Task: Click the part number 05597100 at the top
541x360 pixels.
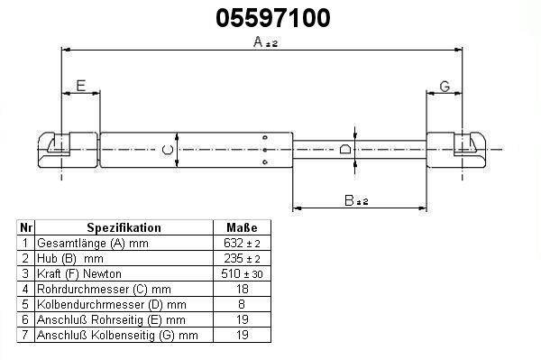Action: [x=273, y=18]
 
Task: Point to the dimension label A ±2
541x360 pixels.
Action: [x=265, y=42]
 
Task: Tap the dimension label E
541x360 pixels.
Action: [x=81, y=86]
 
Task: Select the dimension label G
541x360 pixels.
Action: [x=445, y=87]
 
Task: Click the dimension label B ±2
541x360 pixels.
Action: [x=356, y=200]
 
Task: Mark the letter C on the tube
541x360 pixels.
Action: [x=168, y=150]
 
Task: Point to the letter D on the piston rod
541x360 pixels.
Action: [x=345, y=149]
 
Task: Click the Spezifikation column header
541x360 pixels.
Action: [x=124, y=227]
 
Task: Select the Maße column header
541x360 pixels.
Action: [x=242, y=227]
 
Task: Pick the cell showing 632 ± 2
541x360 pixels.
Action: [x=242, y=244]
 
